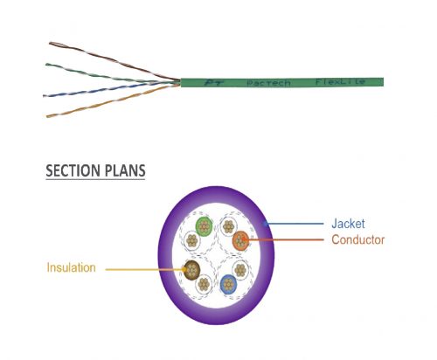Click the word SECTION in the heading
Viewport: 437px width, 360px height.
coord(73,170)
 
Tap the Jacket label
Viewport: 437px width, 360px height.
coord(348,224)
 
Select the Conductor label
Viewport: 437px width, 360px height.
coord(358,239)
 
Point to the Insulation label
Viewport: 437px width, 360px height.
coord(72,267)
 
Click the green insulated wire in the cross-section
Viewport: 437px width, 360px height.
coord(205,226)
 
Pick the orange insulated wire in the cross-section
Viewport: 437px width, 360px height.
coord(241,240)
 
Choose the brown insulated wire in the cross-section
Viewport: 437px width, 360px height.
coord(191,271)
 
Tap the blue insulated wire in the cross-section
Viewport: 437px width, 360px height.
coord(228,284)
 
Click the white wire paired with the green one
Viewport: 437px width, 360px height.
coord(192,240)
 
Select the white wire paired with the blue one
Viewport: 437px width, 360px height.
coord(240,270)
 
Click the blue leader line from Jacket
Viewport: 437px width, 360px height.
coord(294,224)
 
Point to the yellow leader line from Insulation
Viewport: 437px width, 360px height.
coord(146,269)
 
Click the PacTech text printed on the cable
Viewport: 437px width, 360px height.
coord(268,83)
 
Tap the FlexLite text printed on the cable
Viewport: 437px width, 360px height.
coord(340,81)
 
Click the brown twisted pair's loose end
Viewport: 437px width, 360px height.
coord(50,44)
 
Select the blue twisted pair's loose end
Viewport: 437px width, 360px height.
coord(44,95)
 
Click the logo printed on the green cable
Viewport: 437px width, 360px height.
coord(213,83)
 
